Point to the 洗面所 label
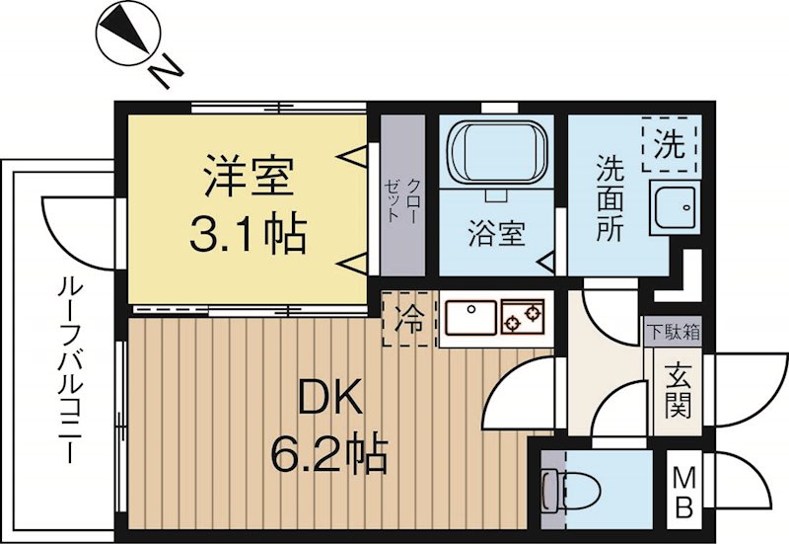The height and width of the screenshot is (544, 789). tap(610, 200)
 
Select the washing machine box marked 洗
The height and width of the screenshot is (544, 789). tap(670, 146)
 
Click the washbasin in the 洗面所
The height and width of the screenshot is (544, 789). tap(676, 207)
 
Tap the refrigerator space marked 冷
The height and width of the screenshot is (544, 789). tap(406, 320)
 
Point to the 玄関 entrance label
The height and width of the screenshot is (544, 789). tap(676, 390)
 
